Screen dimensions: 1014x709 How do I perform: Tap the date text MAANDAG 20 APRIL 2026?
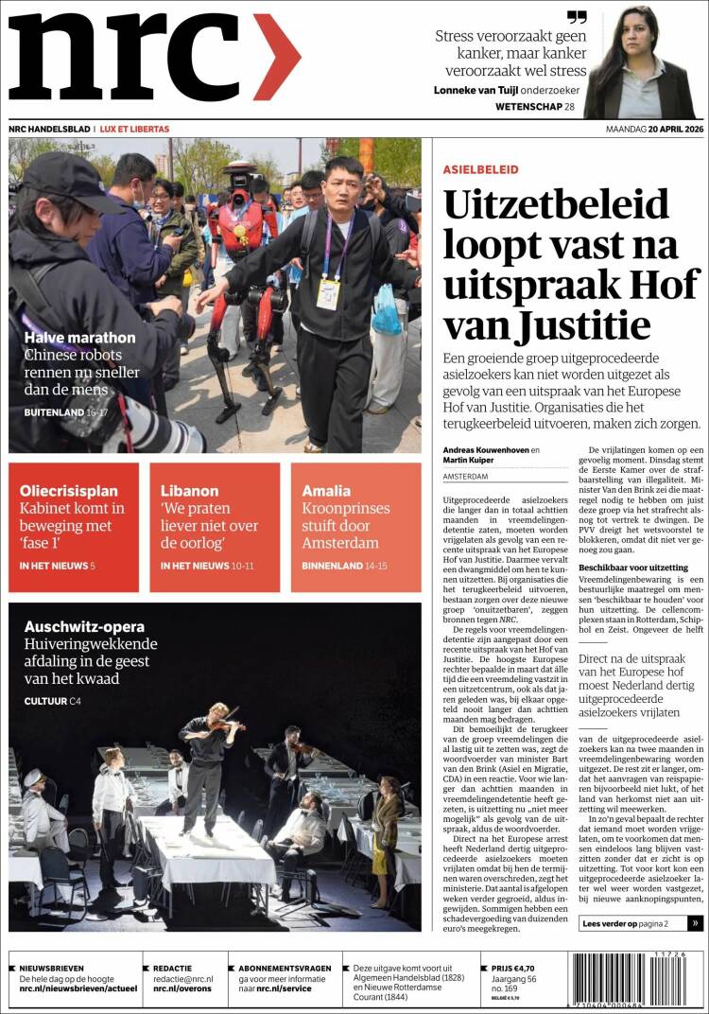(x=654, y=129)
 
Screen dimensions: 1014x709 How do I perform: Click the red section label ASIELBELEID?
(x=480, y=169)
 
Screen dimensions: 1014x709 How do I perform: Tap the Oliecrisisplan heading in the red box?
(x=68, y=491)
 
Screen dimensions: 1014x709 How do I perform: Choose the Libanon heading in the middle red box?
(x=189, y=491)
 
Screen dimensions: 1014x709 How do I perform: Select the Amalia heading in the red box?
(x=326, y=491)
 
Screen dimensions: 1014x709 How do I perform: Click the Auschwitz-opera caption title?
(x=84, y=626)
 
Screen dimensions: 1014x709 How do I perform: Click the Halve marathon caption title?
(x=79, y=338)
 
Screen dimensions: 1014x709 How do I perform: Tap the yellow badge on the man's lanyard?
(x=328, y=293)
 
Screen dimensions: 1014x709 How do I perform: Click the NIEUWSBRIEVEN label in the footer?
(x=51, y=969)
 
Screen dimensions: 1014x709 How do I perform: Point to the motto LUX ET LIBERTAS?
(x=135, y=129)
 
